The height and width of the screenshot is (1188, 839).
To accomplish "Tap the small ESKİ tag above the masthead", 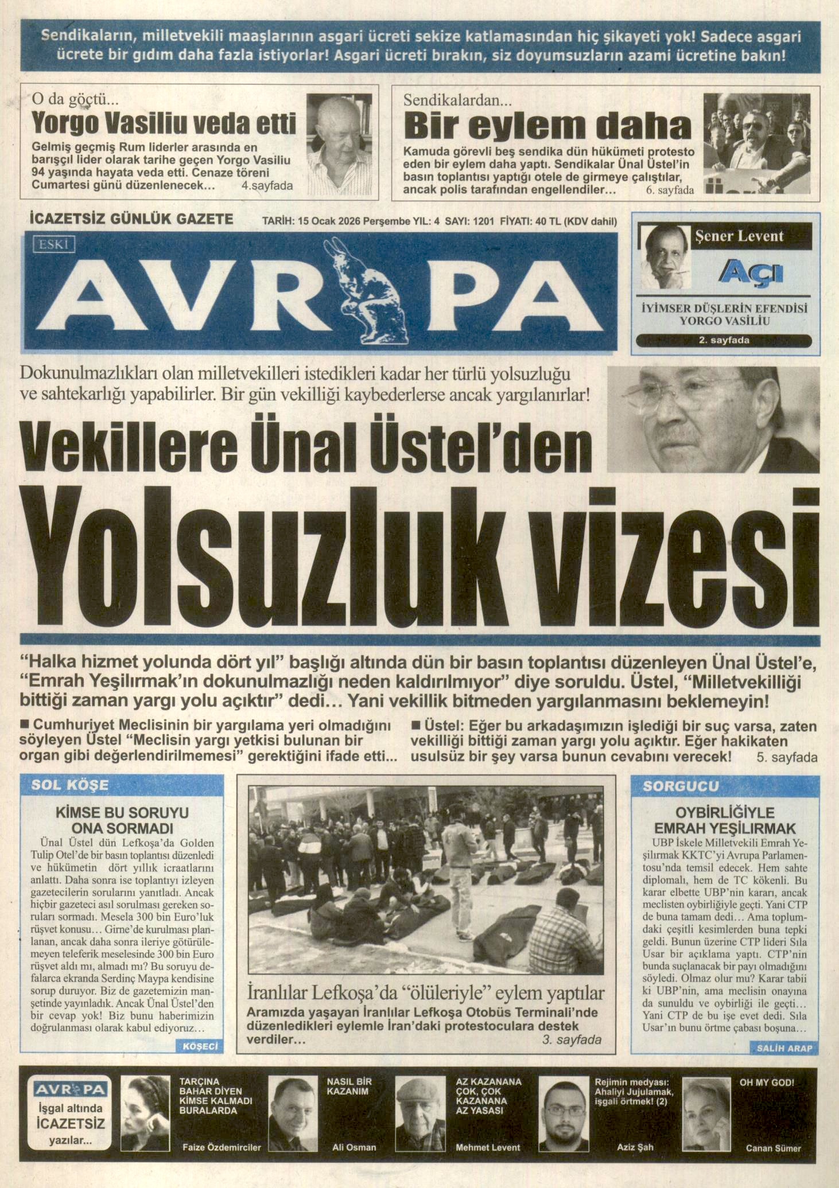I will click(55, 245).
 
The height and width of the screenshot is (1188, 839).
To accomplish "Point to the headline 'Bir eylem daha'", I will click(547, 126).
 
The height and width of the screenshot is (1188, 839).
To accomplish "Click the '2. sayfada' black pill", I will click(724, 340).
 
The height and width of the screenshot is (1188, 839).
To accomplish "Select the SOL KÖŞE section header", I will click(69, 785).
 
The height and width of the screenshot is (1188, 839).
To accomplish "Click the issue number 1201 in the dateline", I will click(483, 221).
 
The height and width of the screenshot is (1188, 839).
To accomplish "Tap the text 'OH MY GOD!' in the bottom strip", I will click(767, 1082).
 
